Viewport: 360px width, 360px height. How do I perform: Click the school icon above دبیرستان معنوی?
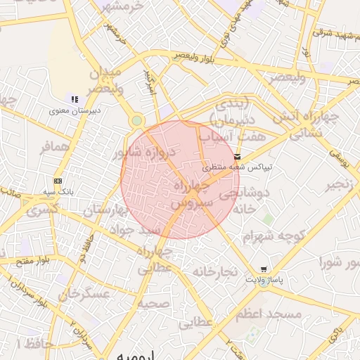point(75,98)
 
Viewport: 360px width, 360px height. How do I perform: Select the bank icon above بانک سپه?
point(58,180)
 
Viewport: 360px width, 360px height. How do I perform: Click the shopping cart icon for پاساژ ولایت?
point(264,269)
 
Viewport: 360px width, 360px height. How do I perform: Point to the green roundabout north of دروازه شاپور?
point(136,122)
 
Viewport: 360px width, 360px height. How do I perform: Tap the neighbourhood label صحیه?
point(153,304)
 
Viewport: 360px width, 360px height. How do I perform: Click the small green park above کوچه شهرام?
point(268,219)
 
